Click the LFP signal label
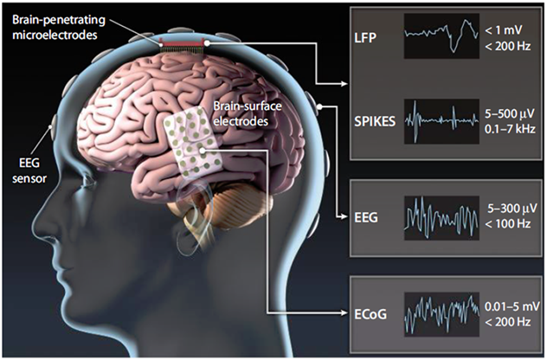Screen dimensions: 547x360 coord(365,38)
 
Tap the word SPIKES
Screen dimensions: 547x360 coord(375,121)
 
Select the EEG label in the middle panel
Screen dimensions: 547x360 coord(366,218)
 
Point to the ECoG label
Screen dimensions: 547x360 coord(370,314)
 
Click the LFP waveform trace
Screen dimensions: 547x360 coord(441,35)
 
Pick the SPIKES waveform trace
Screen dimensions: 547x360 coord(441,121)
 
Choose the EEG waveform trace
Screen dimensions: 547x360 coord(441,218)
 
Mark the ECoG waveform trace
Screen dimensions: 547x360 coord(441,314)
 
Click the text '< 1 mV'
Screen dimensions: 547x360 coord(504,30)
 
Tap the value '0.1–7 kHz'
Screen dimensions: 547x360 coord(510,129)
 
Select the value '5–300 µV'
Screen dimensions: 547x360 coord(512,209)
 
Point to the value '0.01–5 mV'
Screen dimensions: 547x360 coord(512,306)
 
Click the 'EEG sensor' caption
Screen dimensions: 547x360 coord(29,170)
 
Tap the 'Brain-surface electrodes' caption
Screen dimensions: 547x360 coord(248,113)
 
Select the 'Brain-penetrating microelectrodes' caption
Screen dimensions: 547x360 coord(59,27)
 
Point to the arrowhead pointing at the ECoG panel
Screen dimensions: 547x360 coord(344,313)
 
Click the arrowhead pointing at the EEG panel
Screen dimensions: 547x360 coord(344,217)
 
